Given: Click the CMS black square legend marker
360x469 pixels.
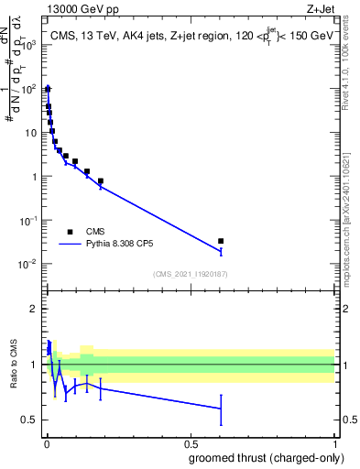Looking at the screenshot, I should point(70,232).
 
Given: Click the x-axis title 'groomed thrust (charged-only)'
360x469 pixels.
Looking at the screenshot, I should point(266,458).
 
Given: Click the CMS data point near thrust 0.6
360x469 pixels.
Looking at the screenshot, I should point(221,241).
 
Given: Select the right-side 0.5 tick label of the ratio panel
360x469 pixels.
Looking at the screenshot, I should point(347,420).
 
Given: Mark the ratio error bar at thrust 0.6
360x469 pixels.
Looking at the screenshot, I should point(221,409).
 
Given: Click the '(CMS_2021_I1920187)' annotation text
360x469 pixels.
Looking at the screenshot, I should point(190,274).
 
